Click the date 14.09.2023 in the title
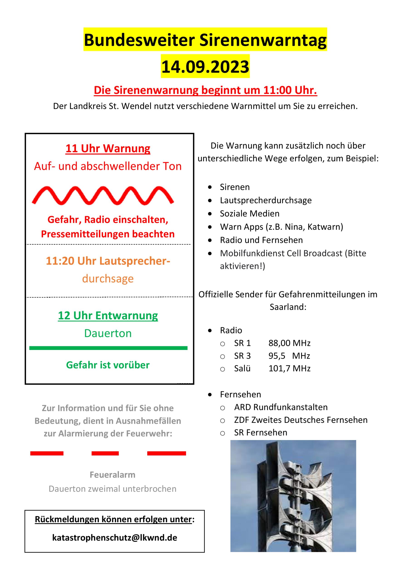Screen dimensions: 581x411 [205, 66]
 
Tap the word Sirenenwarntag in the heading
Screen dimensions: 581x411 [263, 40]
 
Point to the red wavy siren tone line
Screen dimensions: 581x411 [103, 195]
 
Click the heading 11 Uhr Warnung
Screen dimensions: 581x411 [108, 148]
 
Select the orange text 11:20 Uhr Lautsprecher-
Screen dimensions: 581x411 [108, 261]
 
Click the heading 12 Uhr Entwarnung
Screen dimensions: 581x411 [108, 315]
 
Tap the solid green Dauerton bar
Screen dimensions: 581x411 [108, 348]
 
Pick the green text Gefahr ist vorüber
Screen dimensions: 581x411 [108, 365]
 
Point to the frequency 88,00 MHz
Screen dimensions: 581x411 [289, 343]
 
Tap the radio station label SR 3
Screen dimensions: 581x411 [242, 356]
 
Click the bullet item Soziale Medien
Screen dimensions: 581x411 [250, 214]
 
